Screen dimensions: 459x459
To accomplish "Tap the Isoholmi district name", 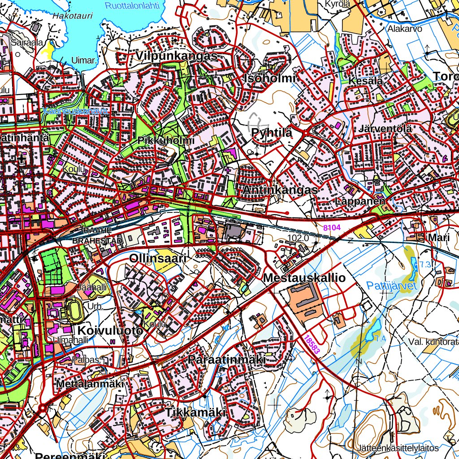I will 270,78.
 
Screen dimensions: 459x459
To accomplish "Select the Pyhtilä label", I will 272,133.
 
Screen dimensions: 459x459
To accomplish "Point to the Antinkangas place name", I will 280,190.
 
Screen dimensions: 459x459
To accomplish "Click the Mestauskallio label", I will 304,278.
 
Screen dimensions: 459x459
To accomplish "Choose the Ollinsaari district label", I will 157,259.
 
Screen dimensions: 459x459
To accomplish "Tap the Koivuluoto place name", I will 110,330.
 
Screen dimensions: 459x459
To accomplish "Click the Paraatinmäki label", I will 227,360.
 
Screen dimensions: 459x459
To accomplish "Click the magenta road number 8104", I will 332,228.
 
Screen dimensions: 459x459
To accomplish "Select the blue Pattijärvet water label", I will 392,286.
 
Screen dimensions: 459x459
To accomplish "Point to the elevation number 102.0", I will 298,238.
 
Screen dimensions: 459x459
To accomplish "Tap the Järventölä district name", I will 385,129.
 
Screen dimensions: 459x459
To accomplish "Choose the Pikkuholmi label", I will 166,140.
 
